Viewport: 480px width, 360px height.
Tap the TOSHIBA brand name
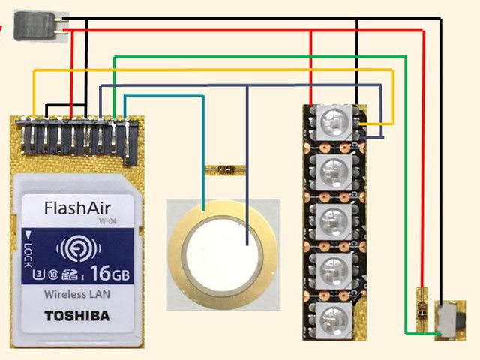click(77, 315)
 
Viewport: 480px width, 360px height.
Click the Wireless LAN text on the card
click(77, 293)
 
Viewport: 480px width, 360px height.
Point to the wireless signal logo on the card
click(78, 248)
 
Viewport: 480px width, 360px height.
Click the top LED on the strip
click(330, 122)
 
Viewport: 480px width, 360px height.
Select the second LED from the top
click(330, 172)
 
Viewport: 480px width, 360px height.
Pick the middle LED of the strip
click(330, 221)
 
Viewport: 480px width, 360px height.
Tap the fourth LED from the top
click(330, 269)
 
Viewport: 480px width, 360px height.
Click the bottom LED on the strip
click(330, 318)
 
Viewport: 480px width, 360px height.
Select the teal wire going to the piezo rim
click(202, 150)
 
